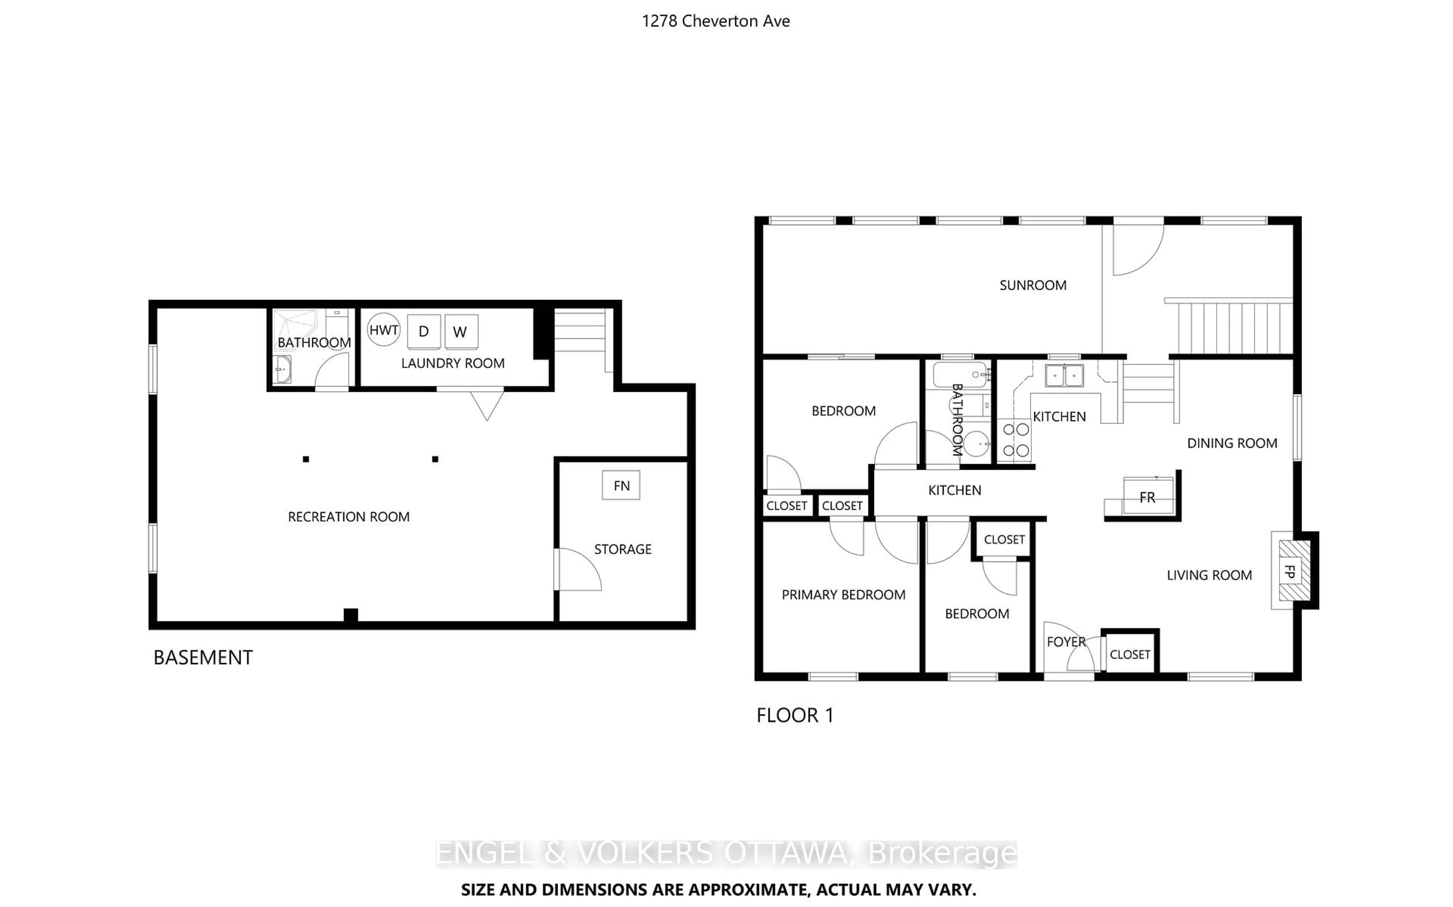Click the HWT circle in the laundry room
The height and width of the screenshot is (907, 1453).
pos(383,329)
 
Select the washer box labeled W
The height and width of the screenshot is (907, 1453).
pos(461,331)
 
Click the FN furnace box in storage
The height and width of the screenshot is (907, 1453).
pos(621,485)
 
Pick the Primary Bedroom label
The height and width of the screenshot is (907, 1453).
pos(843,595)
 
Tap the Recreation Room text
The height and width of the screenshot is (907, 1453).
pos(348,517)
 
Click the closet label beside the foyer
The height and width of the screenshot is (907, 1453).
pos(1129,654)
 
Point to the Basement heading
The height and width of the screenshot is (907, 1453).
pos(203,657)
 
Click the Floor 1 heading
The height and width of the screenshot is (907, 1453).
pos(794,715)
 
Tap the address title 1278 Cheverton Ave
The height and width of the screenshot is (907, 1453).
pos(716,21)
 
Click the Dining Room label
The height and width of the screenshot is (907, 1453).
pos(1232,443)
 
